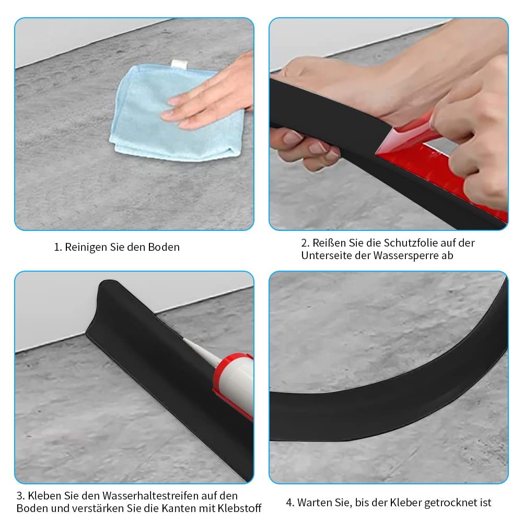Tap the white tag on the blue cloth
178,64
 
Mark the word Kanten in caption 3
175,508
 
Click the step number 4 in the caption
289,503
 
